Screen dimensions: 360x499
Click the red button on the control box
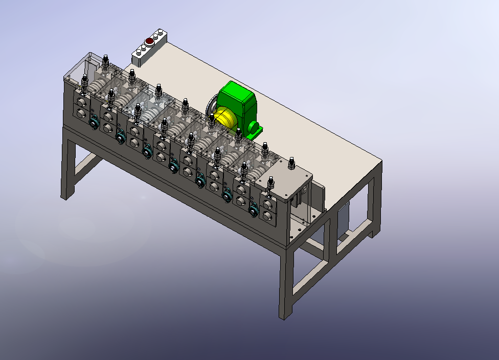tap(149, 41)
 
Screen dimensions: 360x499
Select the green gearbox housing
tap(237, 100)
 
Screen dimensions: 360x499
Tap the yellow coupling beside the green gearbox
tap(225, 119)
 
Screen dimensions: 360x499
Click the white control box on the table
tap(150, 48)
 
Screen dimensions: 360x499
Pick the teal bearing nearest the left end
tap(94, 123)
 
